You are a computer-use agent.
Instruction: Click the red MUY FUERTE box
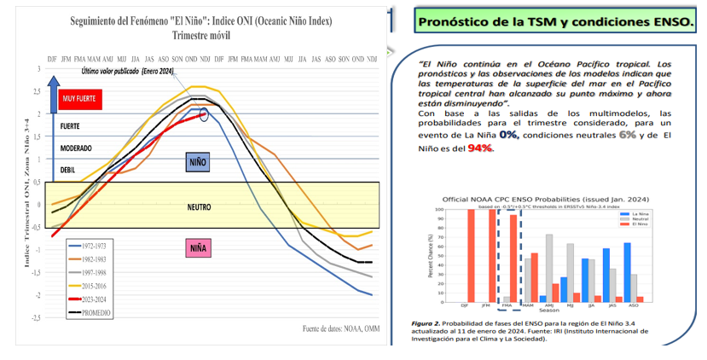(80, 100)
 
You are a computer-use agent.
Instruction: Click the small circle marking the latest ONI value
(204, 113)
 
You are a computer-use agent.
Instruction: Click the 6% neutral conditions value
(627, 135)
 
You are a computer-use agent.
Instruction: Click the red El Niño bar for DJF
(471, 255)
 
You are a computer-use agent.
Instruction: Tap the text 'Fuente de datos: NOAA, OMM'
(339, 328)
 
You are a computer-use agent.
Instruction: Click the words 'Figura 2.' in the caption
(428, 324)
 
